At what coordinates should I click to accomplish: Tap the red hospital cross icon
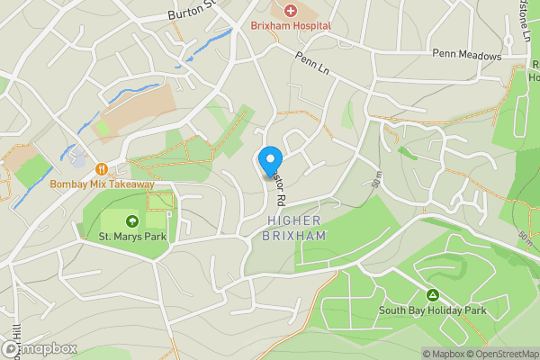click(x=290, y=11)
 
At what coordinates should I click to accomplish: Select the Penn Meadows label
click(x=466, y=56)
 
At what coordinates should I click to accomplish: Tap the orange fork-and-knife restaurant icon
click(x=102, y=167)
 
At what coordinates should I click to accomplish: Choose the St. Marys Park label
click(x=133, y=238)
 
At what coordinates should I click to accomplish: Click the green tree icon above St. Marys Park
click(x=132, y=220)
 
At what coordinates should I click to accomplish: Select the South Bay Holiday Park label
click(x=433, y=310)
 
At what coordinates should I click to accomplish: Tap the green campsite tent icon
click(x=433, y=294)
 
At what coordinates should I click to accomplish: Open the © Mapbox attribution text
click(x=444, y=354)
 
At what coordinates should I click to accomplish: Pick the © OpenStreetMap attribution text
click(x=503, y=354)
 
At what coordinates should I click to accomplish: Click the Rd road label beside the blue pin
click(x=280, y=187)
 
